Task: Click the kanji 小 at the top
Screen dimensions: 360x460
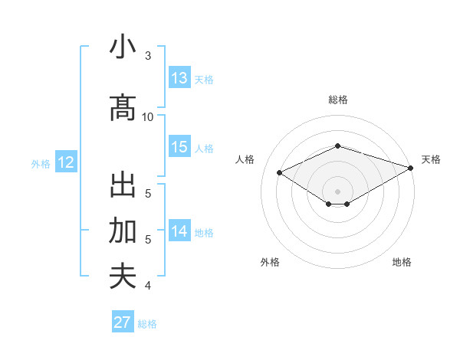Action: click(x=123, y=47)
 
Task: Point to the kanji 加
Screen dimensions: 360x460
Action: click(x=123, y=231)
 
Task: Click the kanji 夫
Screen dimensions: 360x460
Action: click(x=123, y=276)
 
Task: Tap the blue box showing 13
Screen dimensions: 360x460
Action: click(x=179, y=78)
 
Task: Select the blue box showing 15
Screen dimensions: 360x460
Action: click(x=179, y=147)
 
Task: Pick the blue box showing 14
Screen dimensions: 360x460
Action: click(x=179, y=231)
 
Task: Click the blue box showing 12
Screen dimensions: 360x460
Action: click(x=65, y=162)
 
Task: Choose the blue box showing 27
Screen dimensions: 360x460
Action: click(x=123, y=322)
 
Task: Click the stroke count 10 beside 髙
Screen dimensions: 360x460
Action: click(x=148, y=117)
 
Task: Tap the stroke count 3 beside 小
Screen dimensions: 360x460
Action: click(x=148, y=56)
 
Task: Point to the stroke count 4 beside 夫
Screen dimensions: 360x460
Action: click(x=148, y=286)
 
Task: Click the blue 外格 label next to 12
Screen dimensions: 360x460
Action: click(x=41, y=163)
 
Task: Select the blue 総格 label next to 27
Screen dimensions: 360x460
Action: click(x=147, y=324)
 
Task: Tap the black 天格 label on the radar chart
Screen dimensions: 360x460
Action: click(x=431, y=159)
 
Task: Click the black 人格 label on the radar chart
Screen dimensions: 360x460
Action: click(x=245, y=159)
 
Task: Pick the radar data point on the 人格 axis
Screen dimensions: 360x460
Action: click(x=280, y=172)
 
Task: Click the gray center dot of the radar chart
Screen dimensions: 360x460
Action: click(x=337, y=190)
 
